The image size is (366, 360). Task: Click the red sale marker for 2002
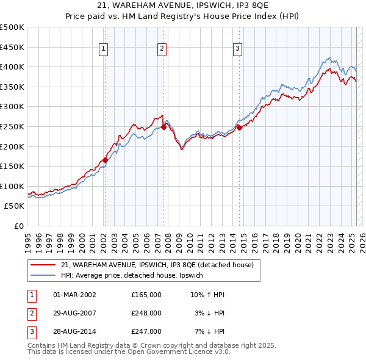pyautogui.click(x=105, y=160)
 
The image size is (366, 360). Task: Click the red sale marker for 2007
pyautogui.click(x=164, y=128)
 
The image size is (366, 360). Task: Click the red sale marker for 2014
pyautogui.click(x=240, y=128)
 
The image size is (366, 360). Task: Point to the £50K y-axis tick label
pyautogui.click(x=15, y=206)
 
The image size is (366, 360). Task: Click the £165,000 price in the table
pyautogui.click(x=146, y=295)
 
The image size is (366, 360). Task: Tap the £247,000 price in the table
pyautogui.click(x=146, y=331)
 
